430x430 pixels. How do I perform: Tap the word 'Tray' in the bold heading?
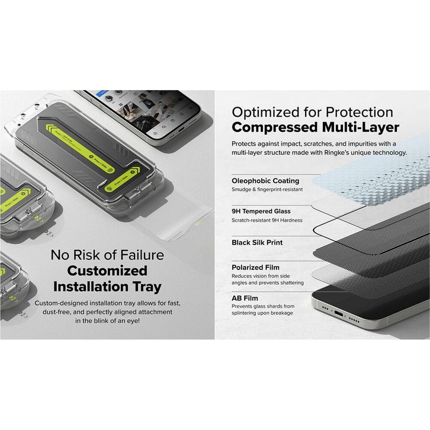[x=145, y=287]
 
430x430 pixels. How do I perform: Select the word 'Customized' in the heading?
[x=107, y=271]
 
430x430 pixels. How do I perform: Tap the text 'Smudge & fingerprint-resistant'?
[x=267, y=190]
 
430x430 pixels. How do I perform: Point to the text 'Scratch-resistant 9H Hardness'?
[x=267, y=220]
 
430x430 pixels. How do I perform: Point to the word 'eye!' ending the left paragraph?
[x=130, y=320]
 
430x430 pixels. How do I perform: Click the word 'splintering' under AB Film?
[x=247, y=313]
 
